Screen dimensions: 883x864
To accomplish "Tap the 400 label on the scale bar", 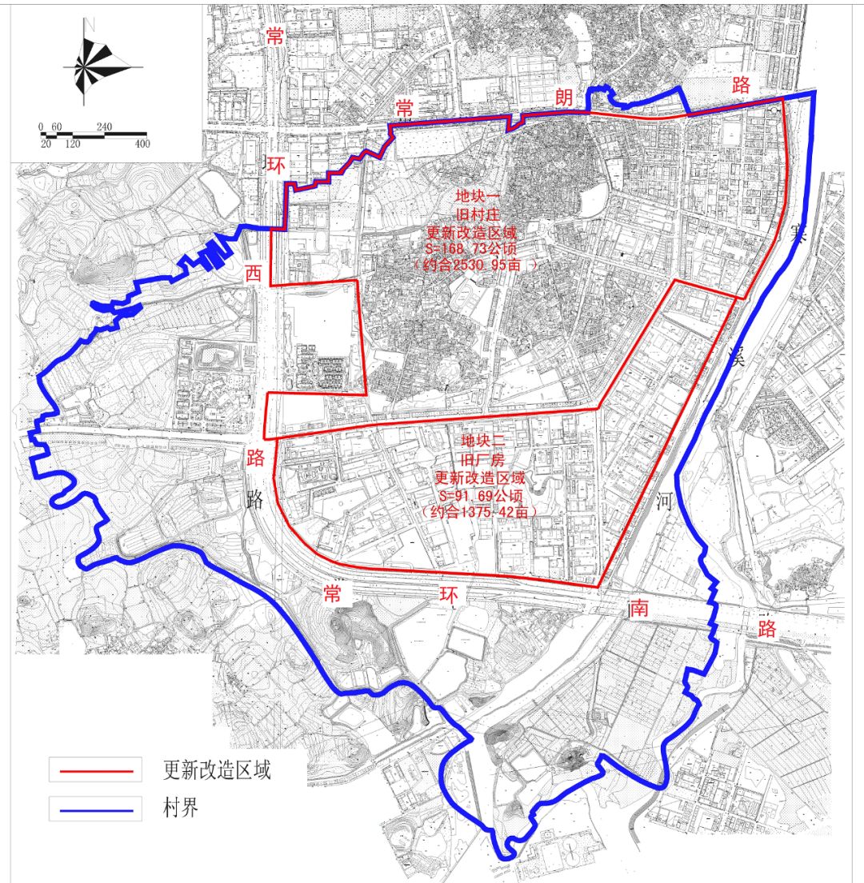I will click(x=142, y=144).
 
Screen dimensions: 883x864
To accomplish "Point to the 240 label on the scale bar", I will click(x=104, y=126).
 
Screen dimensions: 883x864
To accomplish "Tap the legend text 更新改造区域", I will click(x=217, y=770).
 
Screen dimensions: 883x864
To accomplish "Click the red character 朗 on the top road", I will click(x=565, y=98).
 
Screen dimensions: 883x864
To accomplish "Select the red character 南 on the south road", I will click(x=638, y=609).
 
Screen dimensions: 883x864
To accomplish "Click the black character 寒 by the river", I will click(x=794, y=234).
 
